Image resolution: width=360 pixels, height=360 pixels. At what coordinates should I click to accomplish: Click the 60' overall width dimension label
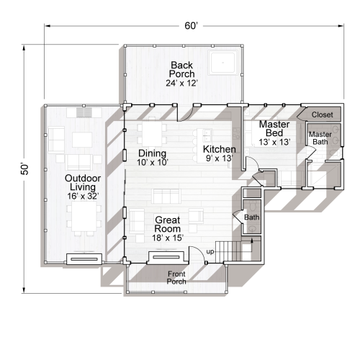click(191, 26)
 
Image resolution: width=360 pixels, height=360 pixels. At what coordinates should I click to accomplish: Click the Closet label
click(322, 114)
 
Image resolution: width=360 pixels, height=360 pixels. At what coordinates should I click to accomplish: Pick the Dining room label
click(152, 153)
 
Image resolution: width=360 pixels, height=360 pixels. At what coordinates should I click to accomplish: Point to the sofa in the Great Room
click(166, 197)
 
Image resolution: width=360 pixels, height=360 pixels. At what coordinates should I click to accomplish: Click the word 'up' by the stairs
click(210, 251)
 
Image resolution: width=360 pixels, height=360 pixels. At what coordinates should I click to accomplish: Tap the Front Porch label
click(176, 277)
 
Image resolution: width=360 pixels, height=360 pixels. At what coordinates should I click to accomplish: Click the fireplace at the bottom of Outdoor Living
click(84, 258)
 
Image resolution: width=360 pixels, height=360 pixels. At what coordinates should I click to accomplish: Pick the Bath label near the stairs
click(251, 217)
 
